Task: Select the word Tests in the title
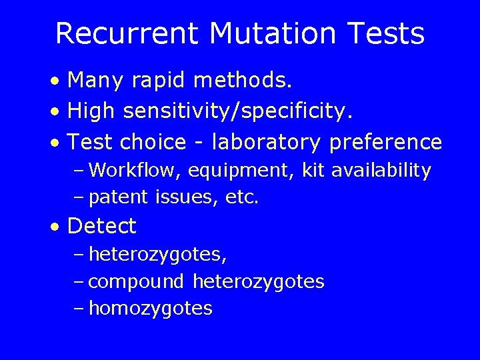pyautogui.click(x=385, y=34)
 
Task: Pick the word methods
pyautogui.click(x=243, y=81)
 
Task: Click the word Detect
pyautogui.click(x=102, y=227)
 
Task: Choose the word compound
pyautogui.click(x=136, y=282)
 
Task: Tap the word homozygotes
pyautogui.click(x=151, y=309)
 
